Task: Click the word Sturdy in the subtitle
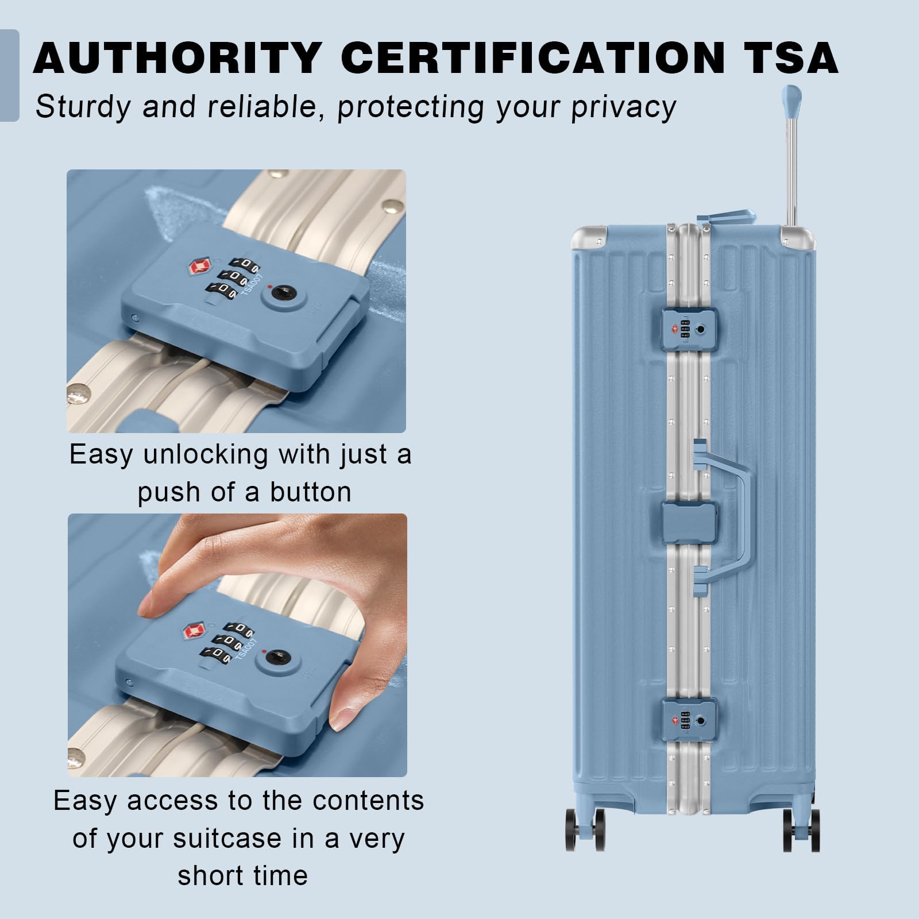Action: click(x=84, y=107)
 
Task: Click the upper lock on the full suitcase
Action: click(x=689, y=329)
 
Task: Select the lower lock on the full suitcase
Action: click(x=689, y=720)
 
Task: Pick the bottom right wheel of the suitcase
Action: click(x=801, y=830)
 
